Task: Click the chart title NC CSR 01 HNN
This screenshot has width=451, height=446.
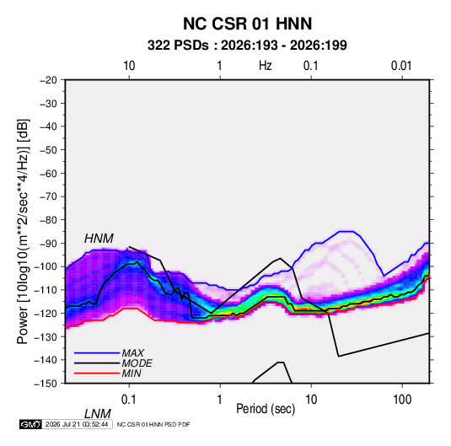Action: pyautogui.click(x=247, y=24)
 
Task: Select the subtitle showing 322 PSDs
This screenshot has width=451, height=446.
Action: pyautogui.click(x=247, y=46)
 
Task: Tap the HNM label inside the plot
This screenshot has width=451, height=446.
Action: pyautogui.click(x=99, y=239)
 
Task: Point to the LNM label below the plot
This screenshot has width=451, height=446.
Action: pyautogui.click(x=97, y=414)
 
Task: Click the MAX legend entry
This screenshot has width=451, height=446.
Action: pyautogui.click(x=132, y=352)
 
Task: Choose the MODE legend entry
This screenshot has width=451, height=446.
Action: pyautogui.click(x=137, y=363)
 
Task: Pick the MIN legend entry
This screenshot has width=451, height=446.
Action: pyautogui.click(x=132, y=373)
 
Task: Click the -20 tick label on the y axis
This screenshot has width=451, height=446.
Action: pyautogui.click(x=48, y=80)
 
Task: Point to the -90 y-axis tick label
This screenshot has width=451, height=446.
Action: pyautogui.click(x=48, y=243)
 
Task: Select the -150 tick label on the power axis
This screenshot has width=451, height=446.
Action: pyautogui.click(x=46, y=384)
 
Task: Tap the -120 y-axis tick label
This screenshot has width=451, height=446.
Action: pyautogui.click(x=46, y=313)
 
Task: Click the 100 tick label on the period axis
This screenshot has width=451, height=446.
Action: pyautogui.click(x=402, y=400)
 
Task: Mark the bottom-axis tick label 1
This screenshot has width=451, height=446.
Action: pyautogui.click(x=219, y=400)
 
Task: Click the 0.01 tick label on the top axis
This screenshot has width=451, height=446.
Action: pyautogui.click(x=401, y=66)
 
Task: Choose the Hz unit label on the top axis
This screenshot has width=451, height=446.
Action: pyautogui.click(x=266, y=66)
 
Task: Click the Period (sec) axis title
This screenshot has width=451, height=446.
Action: pyautogui.click(x=266, y=409)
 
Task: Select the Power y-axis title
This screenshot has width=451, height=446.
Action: pyautogui.click(x=23, y=232)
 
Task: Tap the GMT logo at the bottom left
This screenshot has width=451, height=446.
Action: pyautogui.click(x=31, y=424)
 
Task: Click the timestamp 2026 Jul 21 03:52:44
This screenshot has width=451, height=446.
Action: pyautogui.click(x=77, y=424)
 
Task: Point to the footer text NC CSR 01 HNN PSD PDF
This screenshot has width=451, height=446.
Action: pyautogui.click(x=153, y=424)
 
